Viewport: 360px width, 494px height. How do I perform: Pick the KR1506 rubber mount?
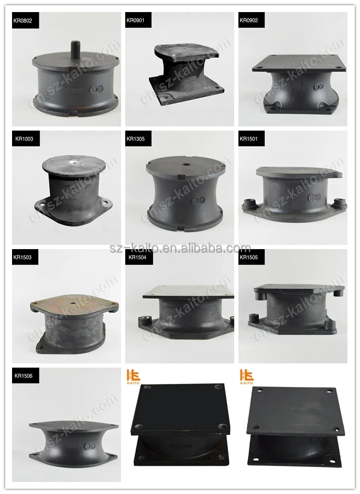tap(73, 441)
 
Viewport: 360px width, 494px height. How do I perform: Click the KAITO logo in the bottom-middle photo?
tap(134, 377)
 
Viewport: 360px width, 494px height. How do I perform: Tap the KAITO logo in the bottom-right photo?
tap(247, 377)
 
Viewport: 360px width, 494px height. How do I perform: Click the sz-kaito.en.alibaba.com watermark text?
tap(180, 248)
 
